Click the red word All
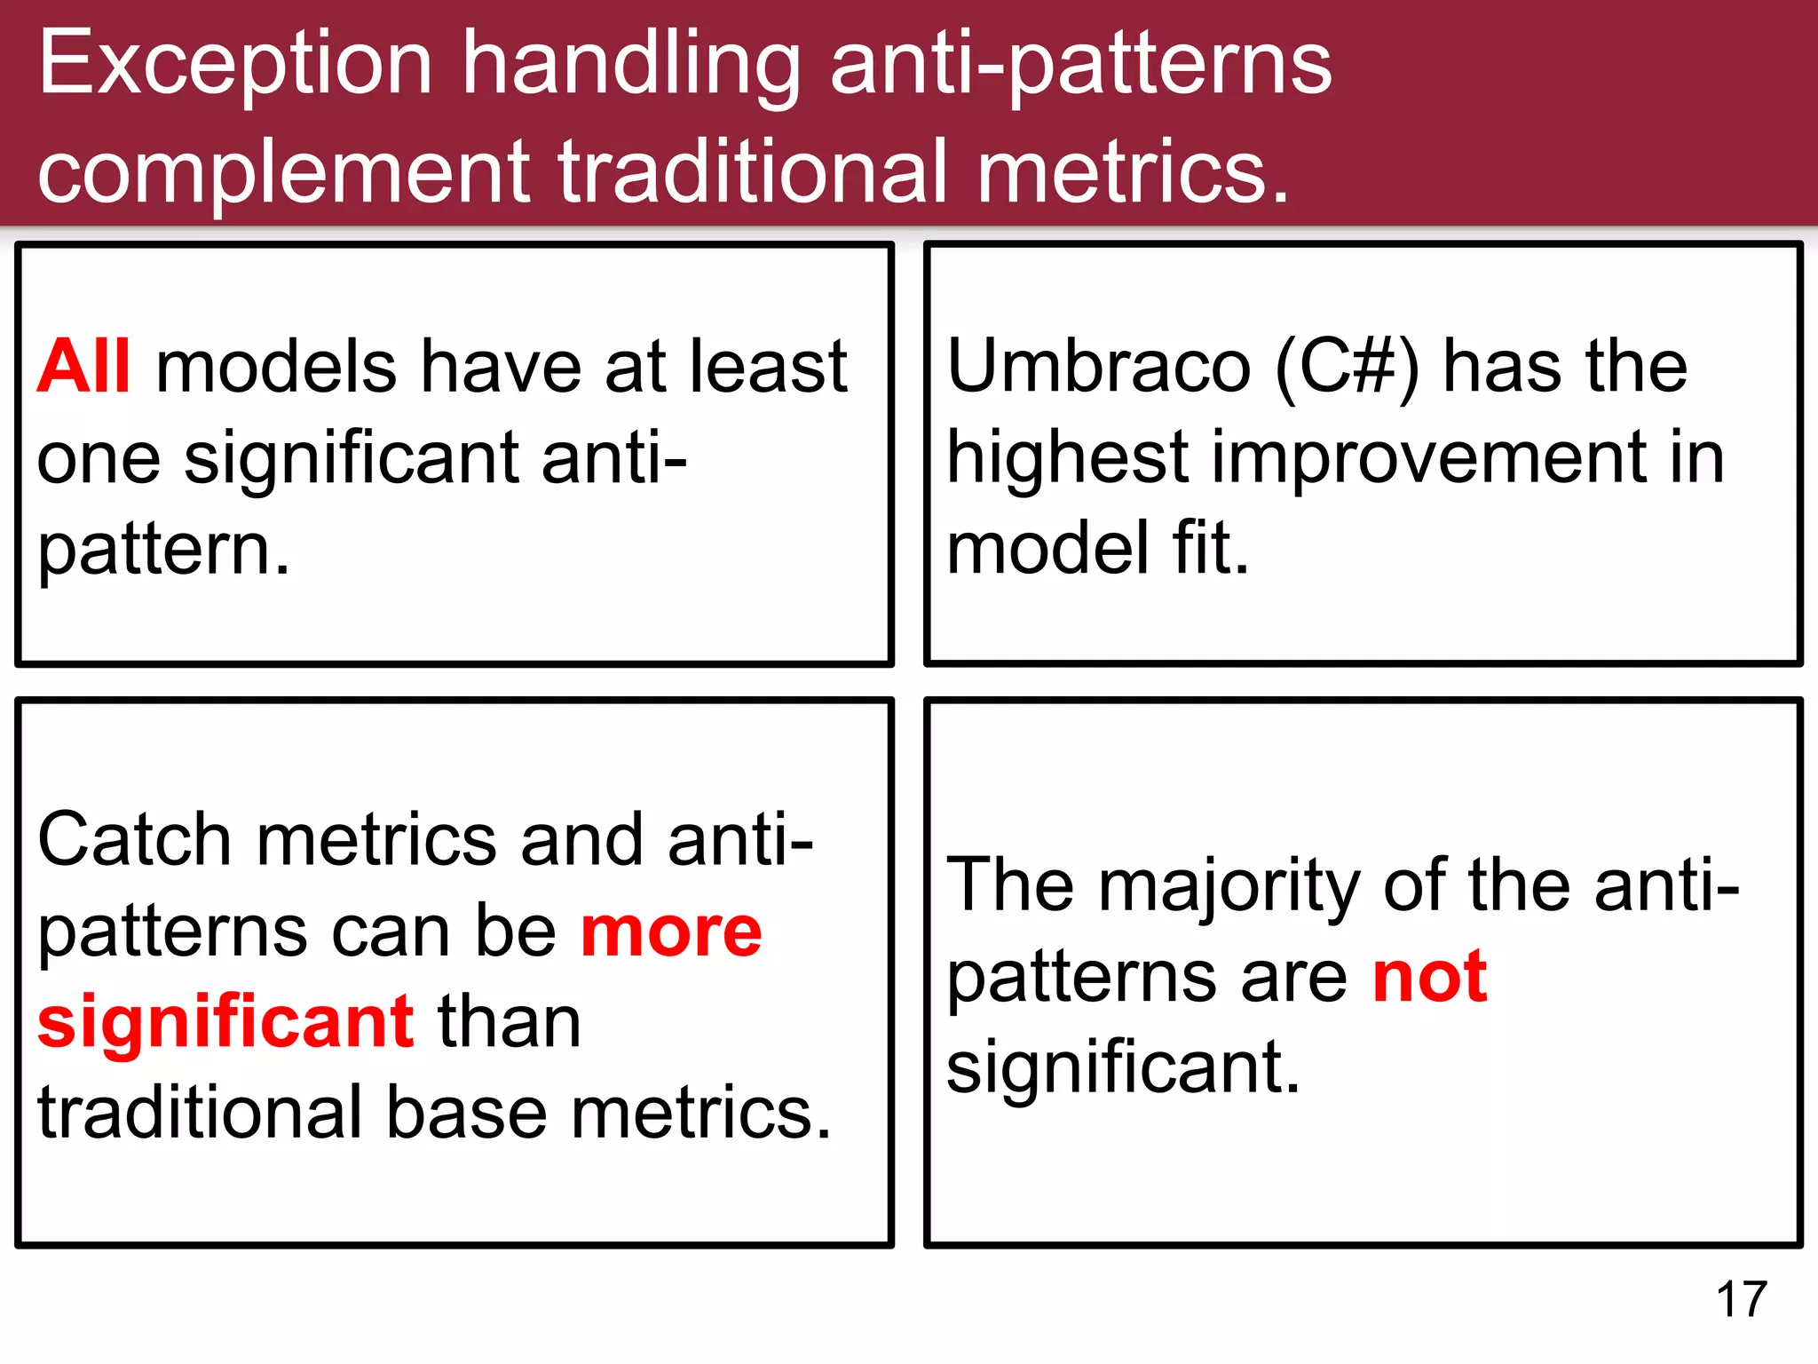pos(83,366)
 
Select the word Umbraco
pos(1099,366)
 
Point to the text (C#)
pos(1347,366)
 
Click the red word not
pos(1429,977)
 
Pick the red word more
pos(671,932)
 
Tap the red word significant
pos(225,1023)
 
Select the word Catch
pos(135,840)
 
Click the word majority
pos(1229,886)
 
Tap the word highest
pos(1067,457)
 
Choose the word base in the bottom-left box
pos(467,1114)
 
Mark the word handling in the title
pos(631,64)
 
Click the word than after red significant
pos(510,1023)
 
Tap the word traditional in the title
pos(754,171)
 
